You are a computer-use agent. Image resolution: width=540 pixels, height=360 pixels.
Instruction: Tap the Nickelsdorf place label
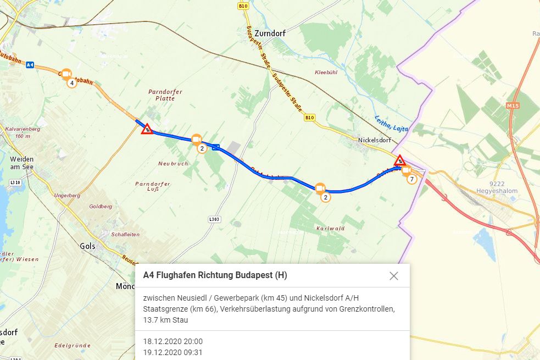374,140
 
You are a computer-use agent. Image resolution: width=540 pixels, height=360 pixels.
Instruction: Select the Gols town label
87,246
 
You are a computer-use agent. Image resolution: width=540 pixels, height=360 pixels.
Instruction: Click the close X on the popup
393,276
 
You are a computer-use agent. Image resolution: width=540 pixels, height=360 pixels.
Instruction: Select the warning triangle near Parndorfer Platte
147,129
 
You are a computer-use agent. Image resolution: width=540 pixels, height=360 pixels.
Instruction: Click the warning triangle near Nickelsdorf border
400,160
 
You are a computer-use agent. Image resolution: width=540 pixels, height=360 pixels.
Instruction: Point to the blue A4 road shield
30,64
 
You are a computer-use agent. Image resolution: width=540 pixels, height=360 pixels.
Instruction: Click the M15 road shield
513,105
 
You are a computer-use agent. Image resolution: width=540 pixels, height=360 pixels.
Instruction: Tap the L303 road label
214,219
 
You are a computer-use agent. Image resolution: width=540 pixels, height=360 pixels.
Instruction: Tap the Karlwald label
330,228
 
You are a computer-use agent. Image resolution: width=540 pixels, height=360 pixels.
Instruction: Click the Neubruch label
173,164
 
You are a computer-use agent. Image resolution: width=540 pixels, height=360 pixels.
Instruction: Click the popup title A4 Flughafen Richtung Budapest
215,275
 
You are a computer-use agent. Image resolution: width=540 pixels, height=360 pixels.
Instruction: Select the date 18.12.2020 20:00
173,341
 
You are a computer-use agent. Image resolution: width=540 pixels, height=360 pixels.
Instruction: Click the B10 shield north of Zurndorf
243,6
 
